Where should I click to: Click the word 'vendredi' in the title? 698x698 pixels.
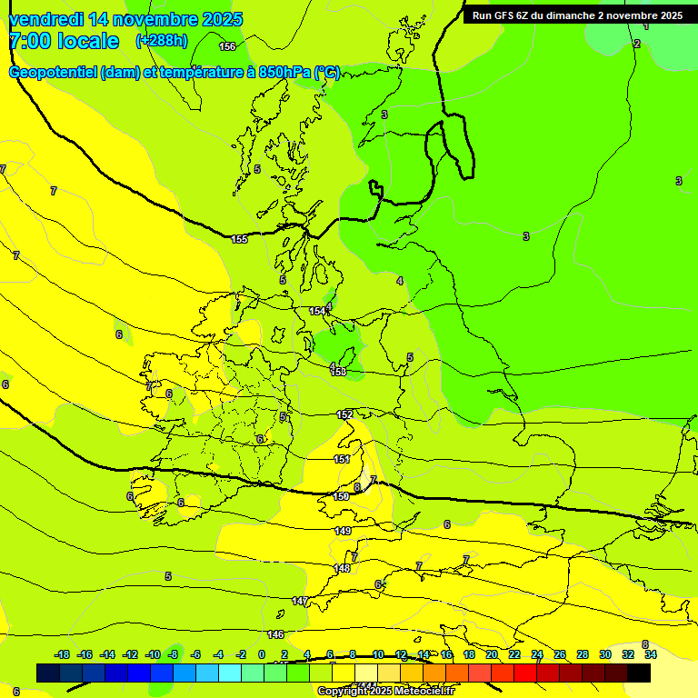click(45, 19)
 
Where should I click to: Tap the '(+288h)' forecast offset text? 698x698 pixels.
click(162, 40)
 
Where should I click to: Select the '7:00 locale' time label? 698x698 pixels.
click(64, 41)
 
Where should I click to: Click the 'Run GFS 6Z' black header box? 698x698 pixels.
click(577, 15)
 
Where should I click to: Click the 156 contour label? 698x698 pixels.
click(227, 46)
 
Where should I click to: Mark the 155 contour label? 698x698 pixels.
click(239, 239)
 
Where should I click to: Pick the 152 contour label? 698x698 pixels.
click(344, 414)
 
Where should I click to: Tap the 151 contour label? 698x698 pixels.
click(342, 459)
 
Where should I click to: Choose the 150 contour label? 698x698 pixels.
click(341, 496)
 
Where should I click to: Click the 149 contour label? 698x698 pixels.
click(343, 531)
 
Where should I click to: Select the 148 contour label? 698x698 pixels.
click(342, 568)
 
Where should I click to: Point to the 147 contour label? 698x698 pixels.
click(300, 601)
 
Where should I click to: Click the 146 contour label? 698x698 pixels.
click(276, 634)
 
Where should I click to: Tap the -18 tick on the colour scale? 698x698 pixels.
click(63, 654)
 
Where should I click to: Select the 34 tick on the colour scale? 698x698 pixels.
click(651, 654)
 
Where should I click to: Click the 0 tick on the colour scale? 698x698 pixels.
click(262, 654)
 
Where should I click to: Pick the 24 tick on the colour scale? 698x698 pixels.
click(537, 654)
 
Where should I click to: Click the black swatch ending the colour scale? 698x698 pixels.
click(639, 673)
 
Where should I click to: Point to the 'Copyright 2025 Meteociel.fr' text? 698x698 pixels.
click(385, 691)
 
